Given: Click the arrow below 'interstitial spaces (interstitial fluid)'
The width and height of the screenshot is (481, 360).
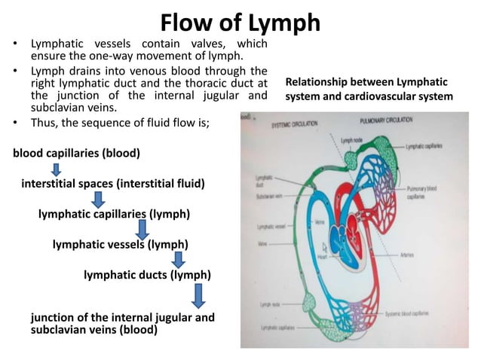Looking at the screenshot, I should coord(98,200).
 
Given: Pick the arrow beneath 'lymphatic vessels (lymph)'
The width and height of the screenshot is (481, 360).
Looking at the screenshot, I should coord(179,260).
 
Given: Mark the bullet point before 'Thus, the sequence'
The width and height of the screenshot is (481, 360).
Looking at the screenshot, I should coord(17,122).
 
